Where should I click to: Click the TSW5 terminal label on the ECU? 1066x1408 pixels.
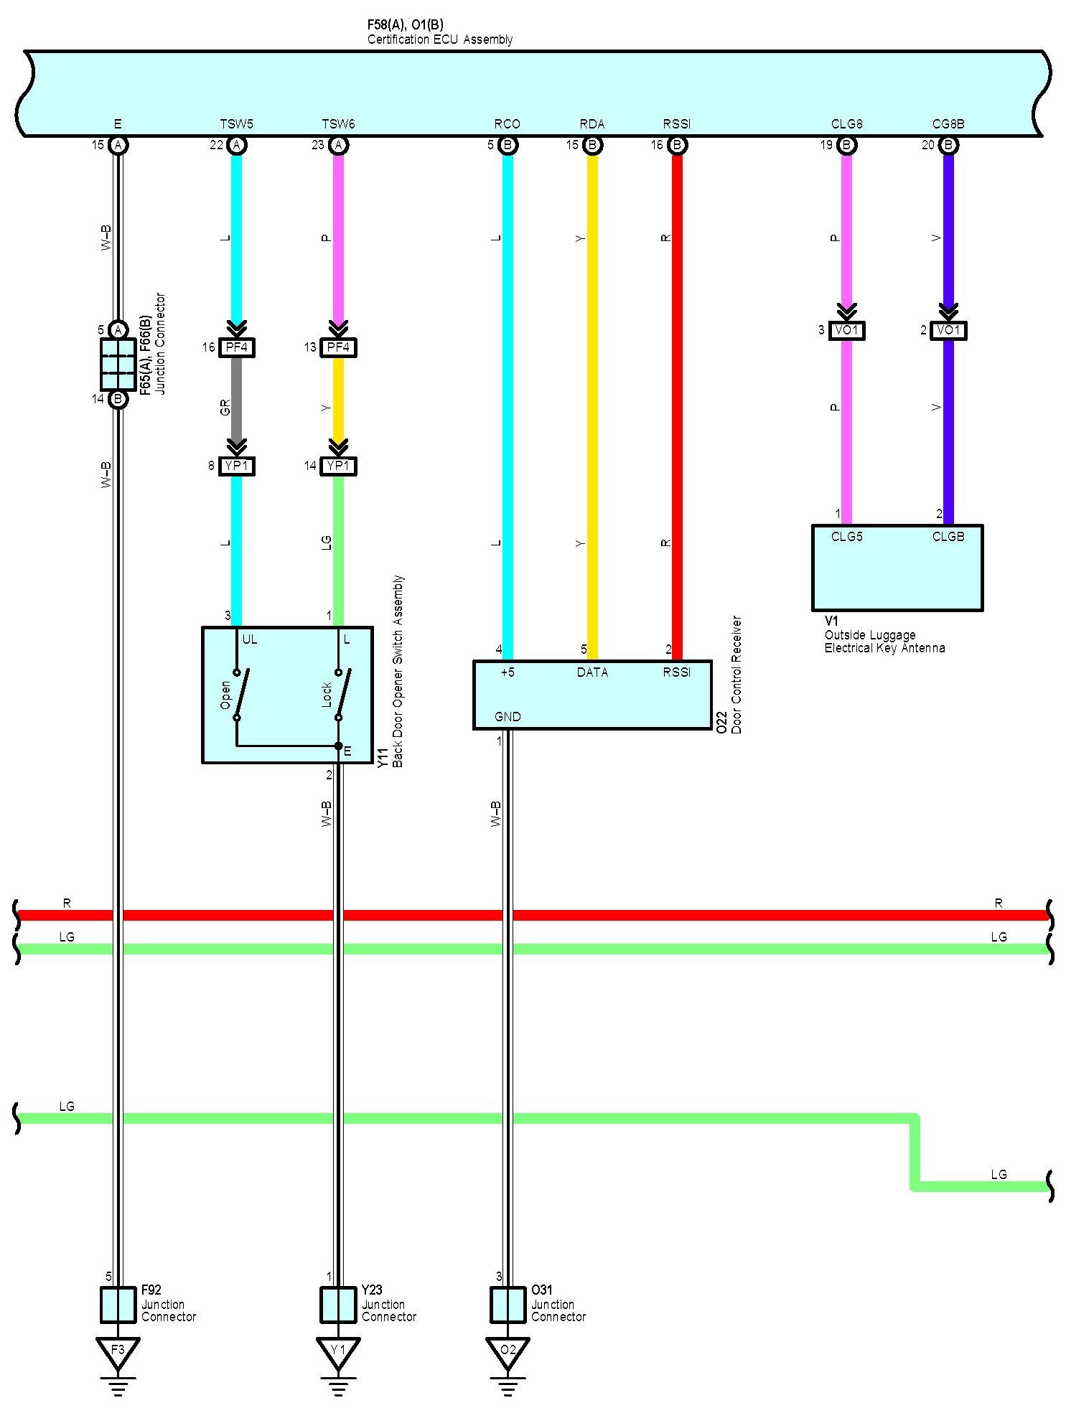coord(236,124)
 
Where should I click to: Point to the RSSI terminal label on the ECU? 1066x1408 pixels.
coord(676,124)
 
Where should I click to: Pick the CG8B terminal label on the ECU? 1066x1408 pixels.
coord(948,124)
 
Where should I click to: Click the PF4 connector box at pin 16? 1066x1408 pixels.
coord(236,348)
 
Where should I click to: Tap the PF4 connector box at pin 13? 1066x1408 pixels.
coord(338,348)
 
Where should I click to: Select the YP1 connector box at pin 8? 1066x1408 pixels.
coord(236,466)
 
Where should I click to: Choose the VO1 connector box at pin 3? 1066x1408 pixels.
coord(846,331)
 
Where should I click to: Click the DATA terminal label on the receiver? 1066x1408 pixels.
coord(592,672)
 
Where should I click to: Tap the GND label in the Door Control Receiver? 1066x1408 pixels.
coord(508,717)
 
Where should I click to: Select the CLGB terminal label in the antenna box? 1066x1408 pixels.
coord(948,537)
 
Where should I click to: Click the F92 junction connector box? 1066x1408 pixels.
coord(118,1305)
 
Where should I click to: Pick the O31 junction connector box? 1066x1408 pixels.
coord(508,1305)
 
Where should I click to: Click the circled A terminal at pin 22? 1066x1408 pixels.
coord(236,146)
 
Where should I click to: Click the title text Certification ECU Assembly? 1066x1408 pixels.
coord(440,39)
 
